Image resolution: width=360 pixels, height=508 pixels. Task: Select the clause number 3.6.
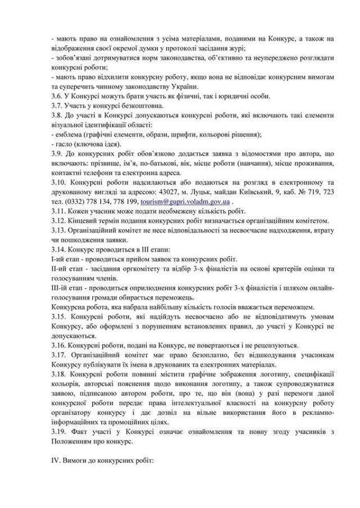[56, 96]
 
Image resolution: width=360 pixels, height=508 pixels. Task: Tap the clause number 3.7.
[56, 106]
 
